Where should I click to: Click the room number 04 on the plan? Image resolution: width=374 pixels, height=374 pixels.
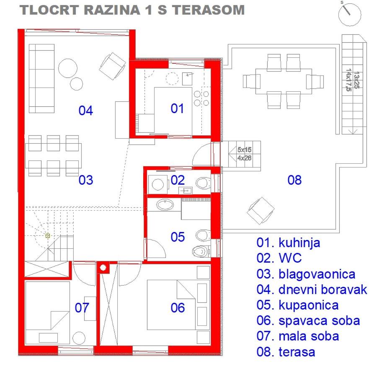click(x=85, y=111)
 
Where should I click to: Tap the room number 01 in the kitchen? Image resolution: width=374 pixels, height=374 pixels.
click(x=177, y=108)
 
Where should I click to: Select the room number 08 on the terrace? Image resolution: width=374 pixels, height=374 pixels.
click(x=294, y=180)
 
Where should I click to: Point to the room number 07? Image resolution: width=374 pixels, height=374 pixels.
click(x=82, y=308)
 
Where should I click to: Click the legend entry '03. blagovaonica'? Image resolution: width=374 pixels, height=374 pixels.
click(x=306, y=274)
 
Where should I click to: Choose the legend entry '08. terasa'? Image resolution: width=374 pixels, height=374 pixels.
click(x=286, y=352)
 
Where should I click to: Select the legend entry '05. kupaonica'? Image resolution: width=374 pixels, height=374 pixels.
click(x=297, y=305)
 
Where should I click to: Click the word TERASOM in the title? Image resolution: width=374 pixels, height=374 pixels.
click(x=209, y=10)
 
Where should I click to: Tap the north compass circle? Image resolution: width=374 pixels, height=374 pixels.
click(x=350, y=14)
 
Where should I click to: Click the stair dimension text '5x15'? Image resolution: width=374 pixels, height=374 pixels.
click(x=244, y=150)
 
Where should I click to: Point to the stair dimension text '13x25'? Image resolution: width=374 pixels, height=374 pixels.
click(x=356, y=80)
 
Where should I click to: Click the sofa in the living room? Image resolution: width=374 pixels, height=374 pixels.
click(x=41, y=78)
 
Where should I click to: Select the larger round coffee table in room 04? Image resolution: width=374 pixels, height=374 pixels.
click(x=68, y=68)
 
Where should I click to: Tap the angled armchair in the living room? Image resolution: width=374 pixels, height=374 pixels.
click(x=112, y=66)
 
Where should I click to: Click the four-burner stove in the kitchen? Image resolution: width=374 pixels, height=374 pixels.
click(x=201, y=98)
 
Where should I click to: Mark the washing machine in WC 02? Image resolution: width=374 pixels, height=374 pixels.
click(x=157, y=185)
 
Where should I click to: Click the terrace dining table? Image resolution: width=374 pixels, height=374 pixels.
click(x=284, y=81)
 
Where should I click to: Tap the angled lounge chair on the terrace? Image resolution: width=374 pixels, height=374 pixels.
click(x=261, y=211)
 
